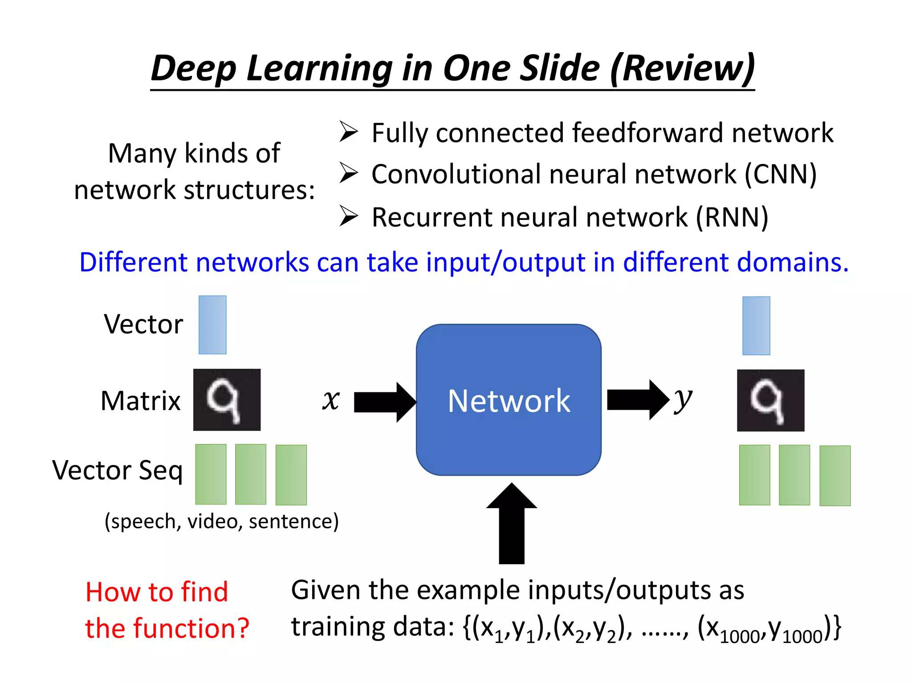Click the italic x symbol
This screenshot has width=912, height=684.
click(331, 399)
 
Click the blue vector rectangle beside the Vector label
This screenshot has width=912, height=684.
click(212, 325)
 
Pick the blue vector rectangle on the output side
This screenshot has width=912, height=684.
click(756, 326)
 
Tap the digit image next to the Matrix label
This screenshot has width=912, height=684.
click(227, 399)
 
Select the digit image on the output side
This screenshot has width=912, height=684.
click(770, 400)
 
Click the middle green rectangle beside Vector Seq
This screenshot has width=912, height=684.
click(251, 474)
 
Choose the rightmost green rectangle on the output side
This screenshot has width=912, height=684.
click(835, 476)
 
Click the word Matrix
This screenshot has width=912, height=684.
click(141, 400)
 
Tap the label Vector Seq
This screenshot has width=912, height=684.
click(118, 471)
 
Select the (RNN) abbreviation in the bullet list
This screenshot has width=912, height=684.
click(732, 217)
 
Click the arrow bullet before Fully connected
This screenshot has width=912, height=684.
click(349, 132)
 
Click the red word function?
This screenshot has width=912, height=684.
click(191, 628)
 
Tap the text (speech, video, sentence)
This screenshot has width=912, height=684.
click(221, 521)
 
